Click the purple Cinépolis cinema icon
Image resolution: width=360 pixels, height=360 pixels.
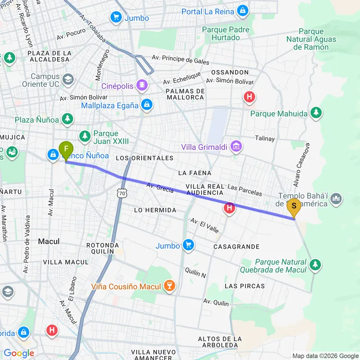[143, 86]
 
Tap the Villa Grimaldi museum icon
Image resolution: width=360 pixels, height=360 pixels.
[236, 146]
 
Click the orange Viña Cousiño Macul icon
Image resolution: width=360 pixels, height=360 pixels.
[168, 287]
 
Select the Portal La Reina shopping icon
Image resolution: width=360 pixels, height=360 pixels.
[242, 11]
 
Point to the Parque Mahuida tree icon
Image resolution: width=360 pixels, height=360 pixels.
[315, 113]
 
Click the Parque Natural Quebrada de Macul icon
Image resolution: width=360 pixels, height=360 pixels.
[315, 264]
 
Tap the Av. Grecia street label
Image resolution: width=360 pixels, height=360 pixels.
[160, 188]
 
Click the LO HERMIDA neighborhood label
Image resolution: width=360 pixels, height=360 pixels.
[155, 210]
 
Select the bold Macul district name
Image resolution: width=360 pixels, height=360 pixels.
[48, 241]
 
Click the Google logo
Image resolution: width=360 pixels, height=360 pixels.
[19, 353]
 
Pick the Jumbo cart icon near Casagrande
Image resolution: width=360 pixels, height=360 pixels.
[188, 246]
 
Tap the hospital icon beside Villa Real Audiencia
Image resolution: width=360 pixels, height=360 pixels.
[230, 208]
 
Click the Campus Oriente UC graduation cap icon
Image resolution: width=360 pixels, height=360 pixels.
[68, 79]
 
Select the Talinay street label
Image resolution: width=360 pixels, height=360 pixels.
[265, 139]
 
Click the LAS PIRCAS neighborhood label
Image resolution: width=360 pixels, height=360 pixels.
[244, 286]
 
